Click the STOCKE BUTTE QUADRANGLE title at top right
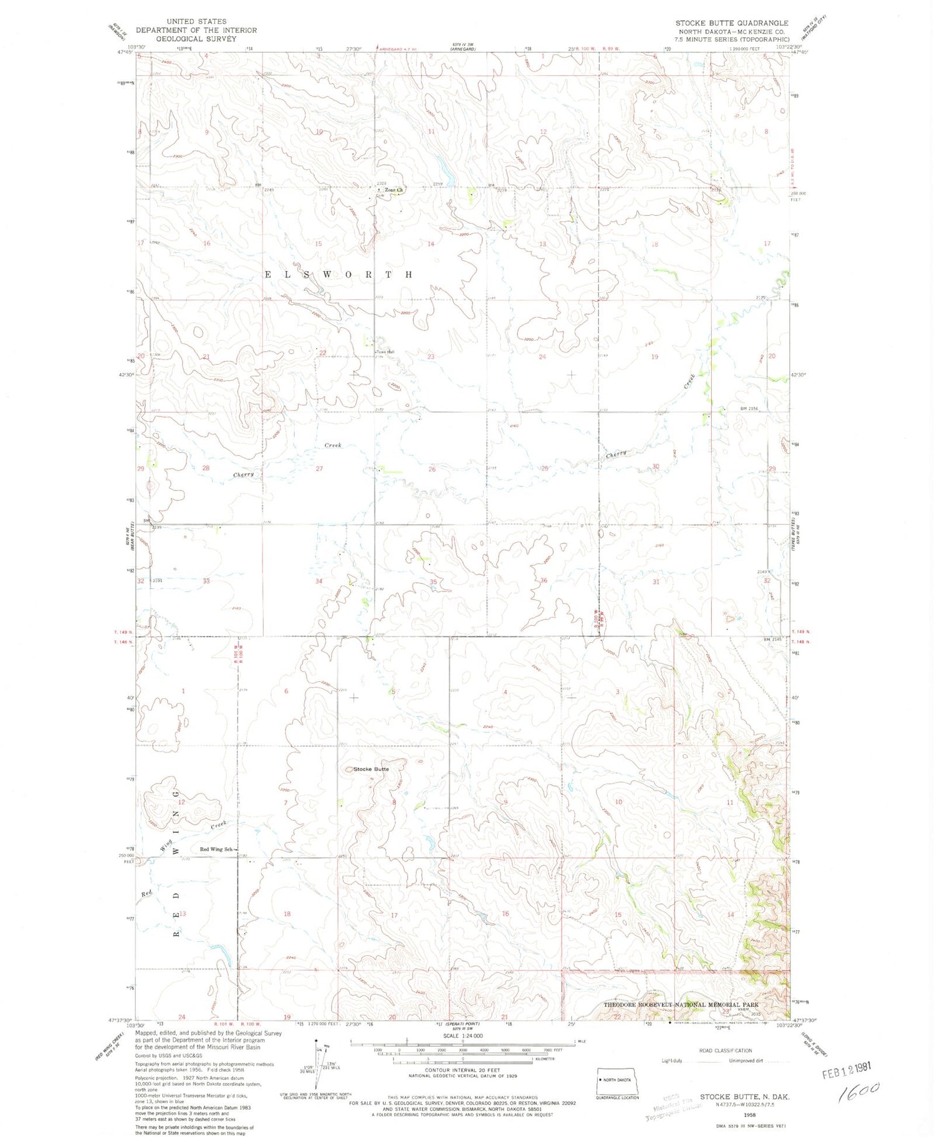click(x=731, y=23)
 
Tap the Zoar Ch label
click(x=394, y=190)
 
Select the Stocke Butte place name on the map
click(x=371, y=769)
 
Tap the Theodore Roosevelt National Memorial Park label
click(x=681, y=1005)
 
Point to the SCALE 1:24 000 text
click(x=462, y=1035)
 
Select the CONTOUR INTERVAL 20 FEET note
click(x=463, y=1070)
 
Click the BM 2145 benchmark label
click(x=772, y=639)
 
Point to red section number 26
click(x=431, y=469)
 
